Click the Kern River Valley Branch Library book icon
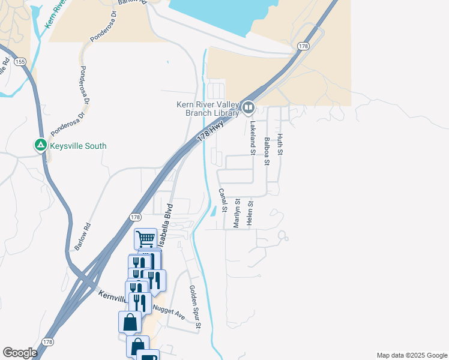(249, 108)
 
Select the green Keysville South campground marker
(40, 145)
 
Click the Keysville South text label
(79, 146)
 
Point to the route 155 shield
(20, 61)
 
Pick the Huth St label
(280, 145)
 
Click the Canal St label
(222, 200)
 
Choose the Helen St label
(250, 214)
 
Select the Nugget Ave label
(169, 312)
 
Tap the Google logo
(20, 353)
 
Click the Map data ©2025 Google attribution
(412, 355)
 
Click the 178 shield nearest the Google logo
(48, 341)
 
